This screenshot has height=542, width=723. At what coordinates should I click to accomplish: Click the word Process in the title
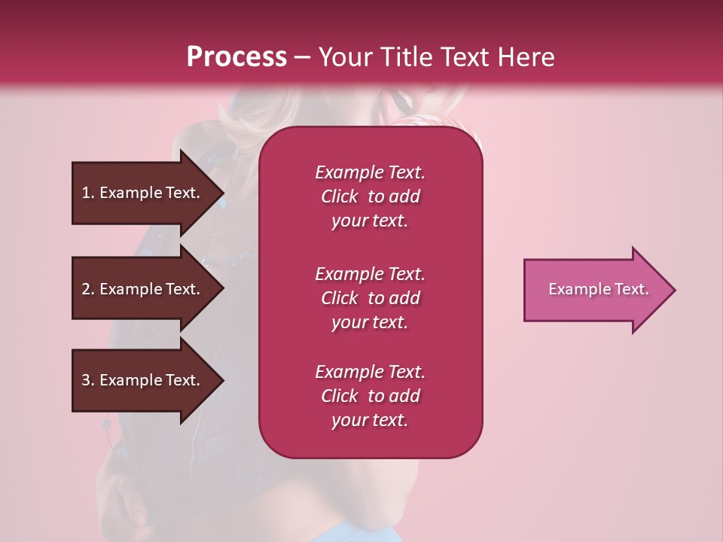[236, 57]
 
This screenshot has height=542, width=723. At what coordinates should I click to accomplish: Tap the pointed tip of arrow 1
[222, 193]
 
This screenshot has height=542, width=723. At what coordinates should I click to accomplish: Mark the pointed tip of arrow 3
[222, 380]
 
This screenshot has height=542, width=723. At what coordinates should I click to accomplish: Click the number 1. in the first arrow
[88, 193]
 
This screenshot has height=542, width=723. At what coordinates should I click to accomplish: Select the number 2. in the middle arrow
[88, 289]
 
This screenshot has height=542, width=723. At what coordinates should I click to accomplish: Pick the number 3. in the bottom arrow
[88, 380]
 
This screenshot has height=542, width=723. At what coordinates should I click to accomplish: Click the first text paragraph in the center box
[370, 196]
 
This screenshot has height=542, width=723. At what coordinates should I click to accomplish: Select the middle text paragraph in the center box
[370, 298]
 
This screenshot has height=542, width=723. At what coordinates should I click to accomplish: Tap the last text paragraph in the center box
[370, 396]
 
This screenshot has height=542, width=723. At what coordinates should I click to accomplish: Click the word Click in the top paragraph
[339, 196]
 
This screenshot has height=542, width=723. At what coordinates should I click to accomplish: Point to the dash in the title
[302, 57]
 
